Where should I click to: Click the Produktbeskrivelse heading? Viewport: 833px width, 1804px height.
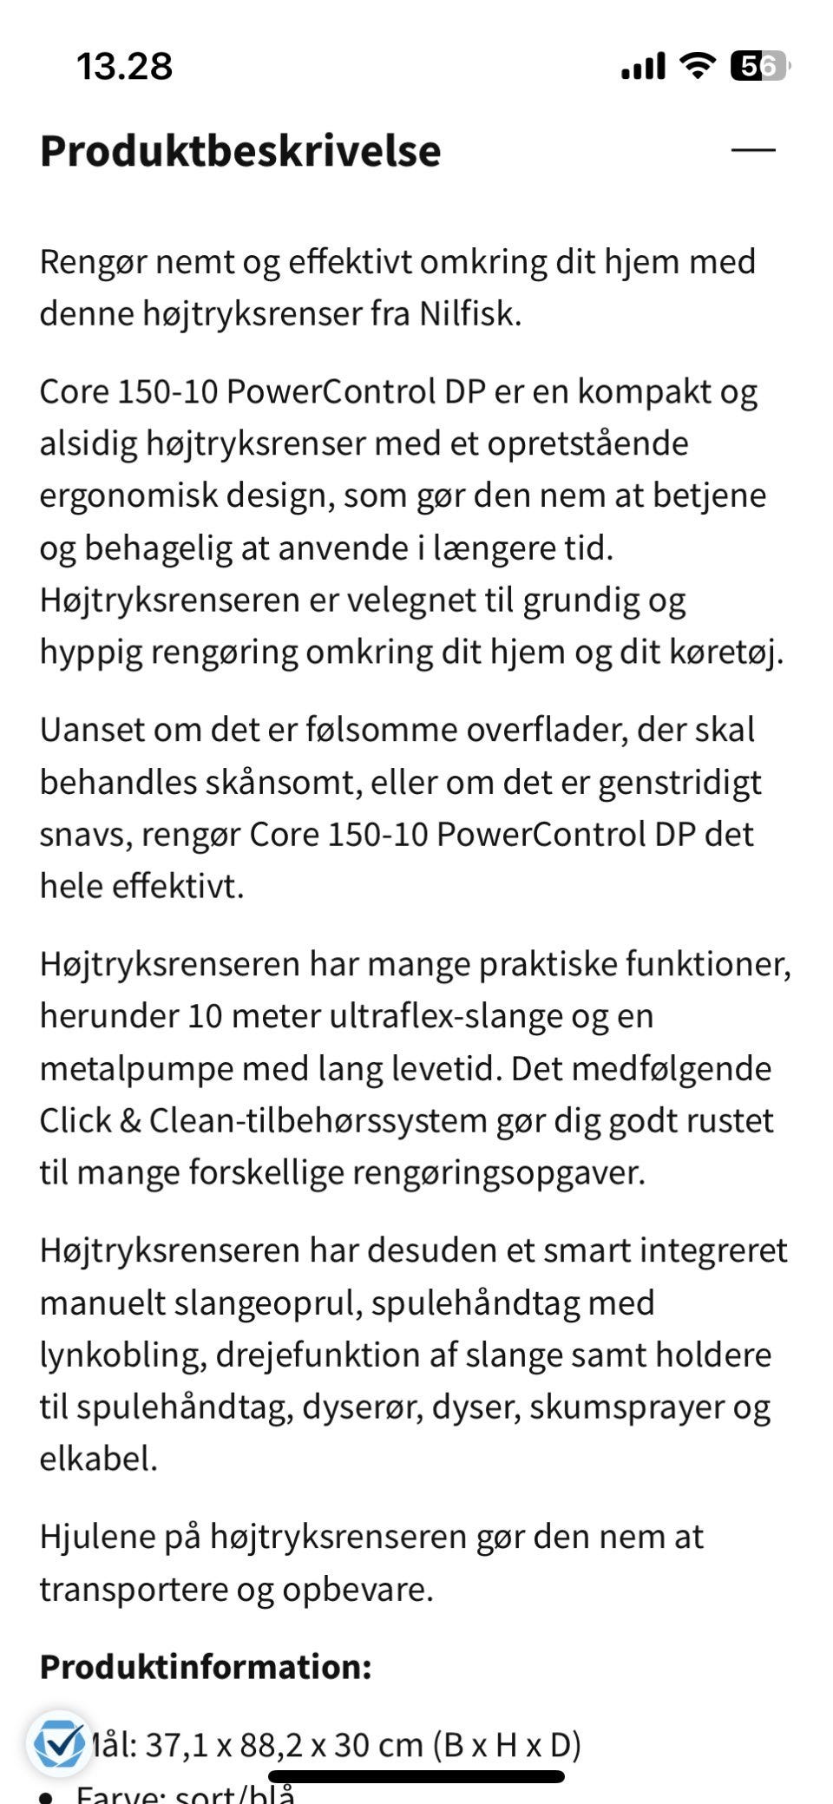pos(240,151)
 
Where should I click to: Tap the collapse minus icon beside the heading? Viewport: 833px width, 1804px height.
pos(752,150)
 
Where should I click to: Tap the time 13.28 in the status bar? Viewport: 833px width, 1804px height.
pos(125,66)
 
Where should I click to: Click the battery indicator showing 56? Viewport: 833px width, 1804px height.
pos(759,66)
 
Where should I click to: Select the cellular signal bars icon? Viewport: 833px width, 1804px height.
pos(643,66)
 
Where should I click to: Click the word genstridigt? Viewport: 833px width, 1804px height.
pos(679,782)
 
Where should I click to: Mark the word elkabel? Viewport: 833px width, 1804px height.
pos(98,1459)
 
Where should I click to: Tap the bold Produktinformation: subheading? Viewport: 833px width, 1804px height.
pos(206,1667)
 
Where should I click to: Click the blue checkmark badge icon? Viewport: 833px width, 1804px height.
pos(58,1743)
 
